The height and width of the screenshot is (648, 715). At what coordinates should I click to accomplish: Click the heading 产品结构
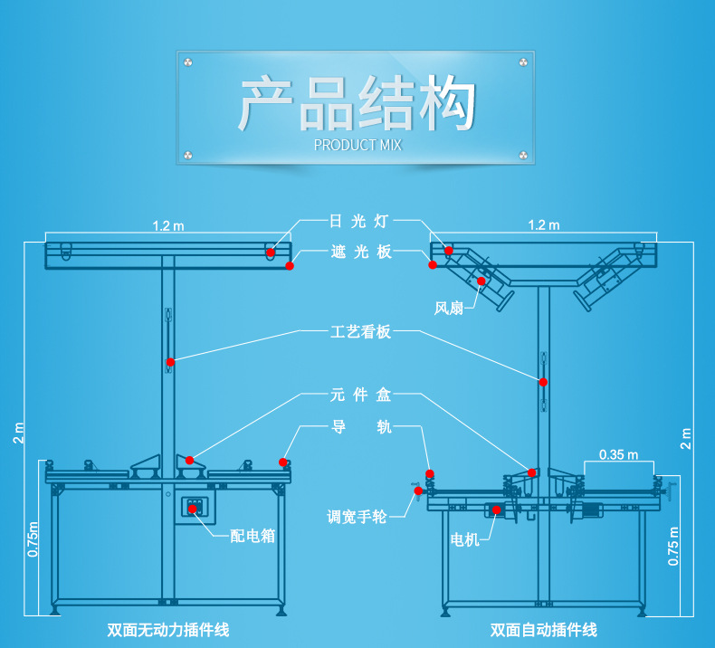click(357, 103)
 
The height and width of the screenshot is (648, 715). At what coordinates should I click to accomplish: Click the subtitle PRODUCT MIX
click(357, 145)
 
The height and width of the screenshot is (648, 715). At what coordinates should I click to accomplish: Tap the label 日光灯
click(359, 221)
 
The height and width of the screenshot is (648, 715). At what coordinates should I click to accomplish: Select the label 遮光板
click(359, 252)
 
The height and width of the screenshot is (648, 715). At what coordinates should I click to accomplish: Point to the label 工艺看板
click(359, 332)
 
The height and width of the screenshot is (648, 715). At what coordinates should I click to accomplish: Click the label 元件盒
click(359, 395)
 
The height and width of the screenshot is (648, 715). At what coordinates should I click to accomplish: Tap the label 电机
click(465, 540)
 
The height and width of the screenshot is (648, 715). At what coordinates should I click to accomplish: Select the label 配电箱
click(253, 536)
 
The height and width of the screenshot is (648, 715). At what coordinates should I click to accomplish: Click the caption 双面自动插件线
click(544, 630)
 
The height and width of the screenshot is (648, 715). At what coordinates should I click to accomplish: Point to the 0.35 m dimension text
click(618, 454)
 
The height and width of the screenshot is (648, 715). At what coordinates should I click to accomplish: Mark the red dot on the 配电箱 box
click(193, 509)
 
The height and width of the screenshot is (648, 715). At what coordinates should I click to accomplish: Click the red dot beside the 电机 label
click(496, 510)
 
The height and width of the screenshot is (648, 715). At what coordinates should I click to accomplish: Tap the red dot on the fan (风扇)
click(481, 281)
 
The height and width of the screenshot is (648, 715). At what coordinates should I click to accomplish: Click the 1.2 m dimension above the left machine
click(167, 225)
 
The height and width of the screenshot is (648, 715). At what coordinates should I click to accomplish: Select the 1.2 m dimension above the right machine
click(543, 224)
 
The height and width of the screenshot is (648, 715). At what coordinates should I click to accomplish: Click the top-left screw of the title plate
click(188, 62)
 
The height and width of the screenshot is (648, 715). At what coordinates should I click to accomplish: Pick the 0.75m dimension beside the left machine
click(33, 539)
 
